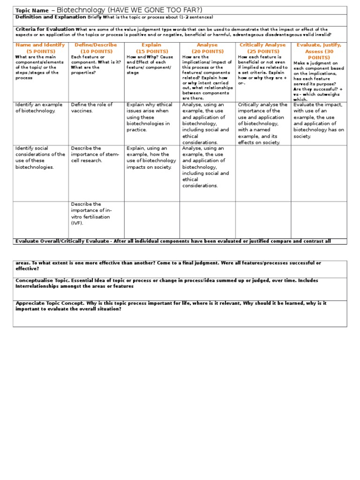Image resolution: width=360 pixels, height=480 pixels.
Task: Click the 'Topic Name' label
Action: click(32, 11)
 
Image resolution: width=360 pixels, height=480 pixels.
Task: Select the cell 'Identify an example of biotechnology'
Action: click(37, 108)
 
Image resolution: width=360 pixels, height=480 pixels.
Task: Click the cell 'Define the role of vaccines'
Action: click(92, 108)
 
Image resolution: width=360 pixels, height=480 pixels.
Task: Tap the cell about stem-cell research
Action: click(95, 154)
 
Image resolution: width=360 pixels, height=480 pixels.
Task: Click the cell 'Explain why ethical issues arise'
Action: click(149, 117)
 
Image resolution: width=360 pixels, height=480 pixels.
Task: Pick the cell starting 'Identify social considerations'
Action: click(40, 157)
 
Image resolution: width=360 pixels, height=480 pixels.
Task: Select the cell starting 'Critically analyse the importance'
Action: click(262, 123)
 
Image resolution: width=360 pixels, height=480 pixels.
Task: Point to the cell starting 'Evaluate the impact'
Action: click(318, 120)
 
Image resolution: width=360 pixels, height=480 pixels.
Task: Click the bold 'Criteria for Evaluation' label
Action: click(45, 29)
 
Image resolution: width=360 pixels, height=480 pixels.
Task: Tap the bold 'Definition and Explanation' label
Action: click(51, 17)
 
